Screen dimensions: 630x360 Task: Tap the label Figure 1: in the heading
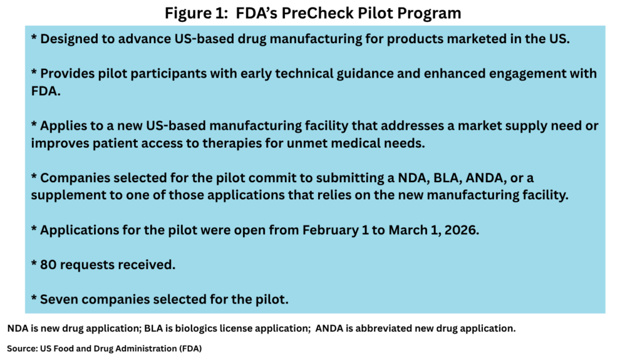(196, 14)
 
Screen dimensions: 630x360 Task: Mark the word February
(330, 230)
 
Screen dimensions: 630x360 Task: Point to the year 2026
(461, 230)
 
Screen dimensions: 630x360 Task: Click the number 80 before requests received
(48, 265)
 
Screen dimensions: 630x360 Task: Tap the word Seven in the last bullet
(59, 300)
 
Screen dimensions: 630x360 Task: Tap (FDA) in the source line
(191, 349)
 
